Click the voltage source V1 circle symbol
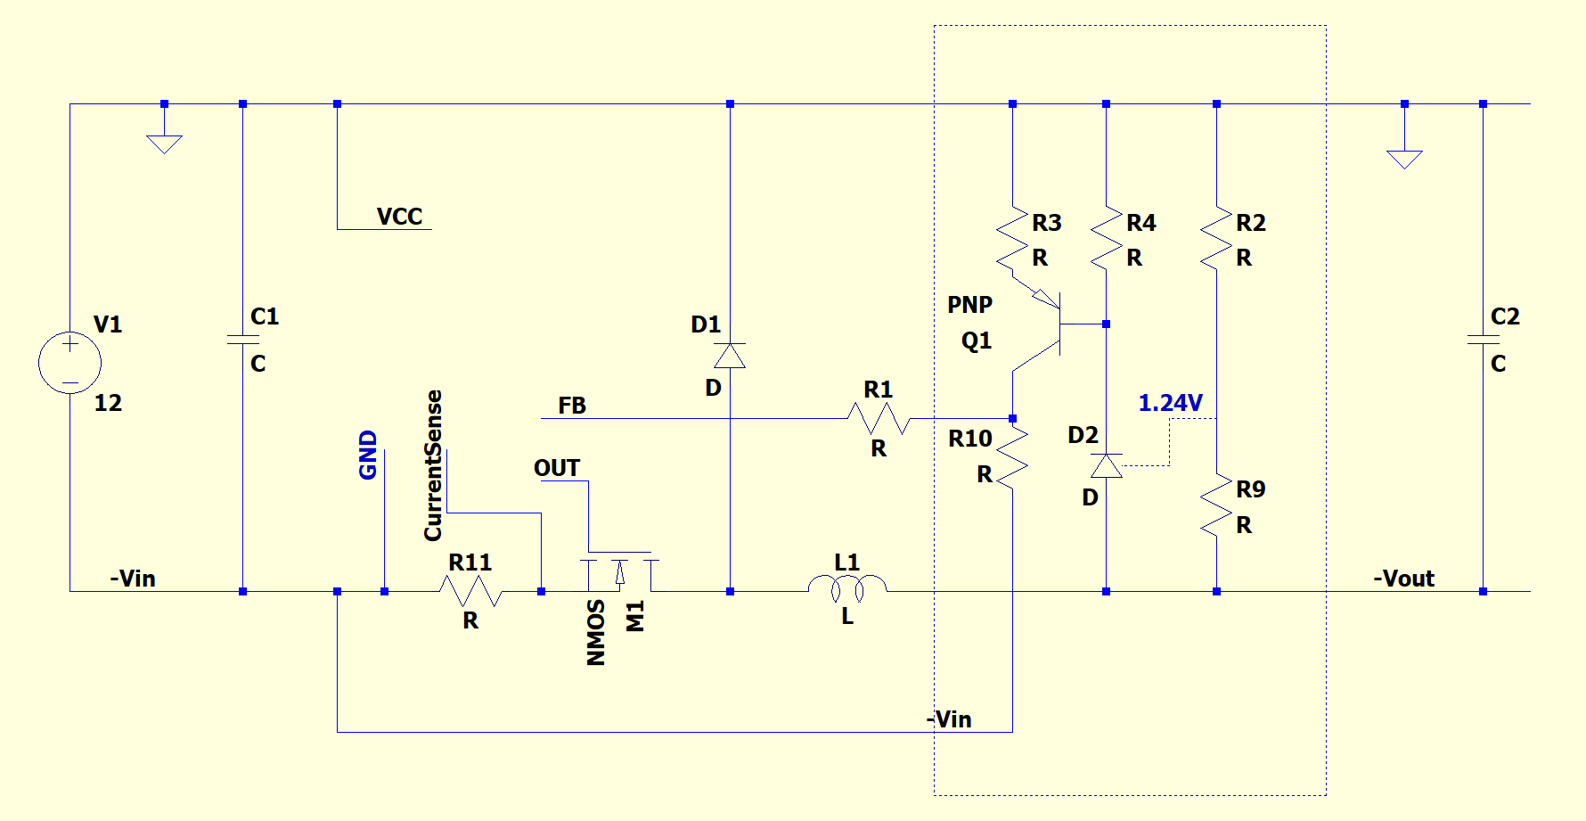(69, 363)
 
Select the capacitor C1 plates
(242, 340)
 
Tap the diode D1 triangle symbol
(730, 357)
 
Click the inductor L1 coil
(847, 586)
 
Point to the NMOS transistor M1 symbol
(620, 573)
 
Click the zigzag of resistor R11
(470, 590)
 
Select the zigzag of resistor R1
(878, 418)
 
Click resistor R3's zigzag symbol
(1012, 239)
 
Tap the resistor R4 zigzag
(1106, 239)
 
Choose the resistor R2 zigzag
(1216, 239)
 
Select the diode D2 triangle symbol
(1106, 465)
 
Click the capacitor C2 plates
(1483, 340)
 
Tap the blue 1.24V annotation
(1170, 403)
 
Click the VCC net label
(399, 217)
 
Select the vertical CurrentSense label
(433, 465)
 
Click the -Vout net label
(1403, 579)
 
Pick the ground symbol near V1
(164, 143)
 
